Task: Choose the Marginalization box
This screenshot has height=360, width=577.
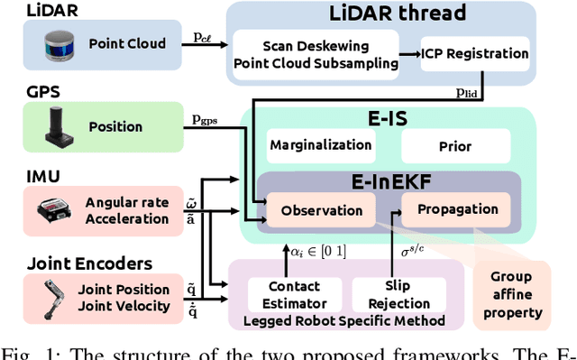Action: coord(320,144)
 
